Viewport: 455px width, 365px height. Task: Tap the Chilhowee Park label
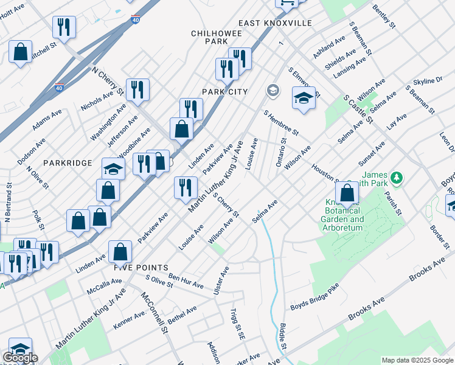click(x=208, y=37)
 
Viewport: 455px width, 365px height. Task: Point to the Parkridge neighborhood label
click(x=68, y=163)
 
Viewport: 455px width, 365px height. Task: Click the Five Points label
click(x=141, y=267)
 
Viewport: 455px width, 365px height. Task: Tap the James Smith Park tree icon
click(x=397, y=177)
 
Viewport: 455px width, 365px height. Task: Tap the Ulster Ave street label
click(x=221, y=282)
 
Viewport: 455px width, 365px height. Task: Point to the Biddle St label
click(x=283, y=336)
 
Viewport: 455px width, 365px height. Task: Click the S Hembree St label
click(x=280, y=122)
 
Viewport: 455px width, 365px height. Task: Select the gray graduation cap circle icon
click(x=273, y=91)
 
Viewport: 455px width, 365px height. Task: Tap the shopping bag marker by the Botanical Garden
click(x=347, y=194)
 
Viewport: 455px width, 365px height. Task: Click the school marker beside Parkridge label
click(x=113, y=169)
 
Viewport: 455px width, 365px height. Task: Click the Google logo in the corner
click(x=20, y=358)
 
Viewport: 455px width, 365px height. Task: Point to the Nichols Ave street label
click(x=97, y=102)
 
